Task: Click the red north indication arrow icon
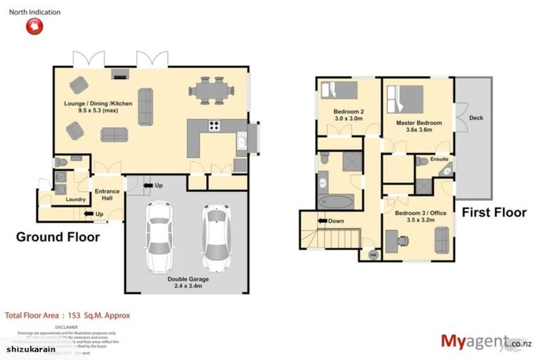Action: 34,26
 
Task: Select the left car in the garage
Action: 159,237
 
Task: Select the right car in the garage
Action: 217,238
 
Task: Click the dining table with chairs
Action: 211,89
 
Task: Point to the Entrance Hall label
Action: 108,195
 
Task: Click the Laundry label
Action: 75,200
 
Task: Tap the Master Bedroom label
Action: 418,127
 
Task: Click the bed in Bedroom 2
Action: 339,90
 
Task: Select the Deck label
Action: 475,117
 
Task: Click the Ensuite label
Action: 439,160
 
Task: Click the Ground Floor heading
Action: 58,237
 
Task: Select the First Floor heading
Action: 494,212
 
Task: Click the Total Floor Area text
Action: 67,316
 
